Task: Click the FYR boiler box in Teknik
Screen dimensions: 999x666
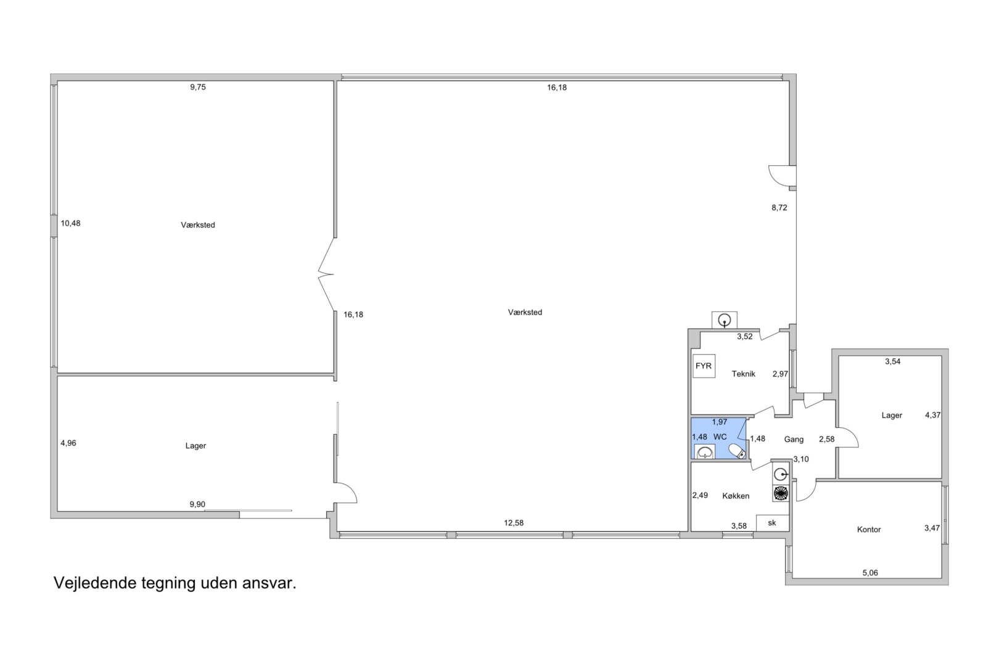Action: pyautogui.click(x=704, y=366)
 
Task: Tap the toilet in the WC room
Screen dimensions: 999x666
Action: pyautogui.click(x=737, y=451)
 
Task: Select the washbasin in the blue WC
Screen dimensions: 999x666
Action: pyautogui.click(x=705, y=452)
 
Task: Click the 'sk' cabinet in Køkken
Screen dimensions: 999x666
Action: pyautogui.click(x=773, y=524)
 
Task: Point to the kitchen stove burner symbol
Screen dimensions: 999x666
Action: pyautogui.click(x=781, y=494)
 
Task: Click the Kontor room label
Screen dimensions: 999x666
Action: pyautogui.click(x=869, y=530)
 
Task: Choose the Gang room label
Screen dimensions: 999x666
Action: pyautogui.click(x=794, y=440)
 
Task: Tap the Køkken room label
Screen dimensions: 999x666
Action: pyautogui.click(x=736, y=496)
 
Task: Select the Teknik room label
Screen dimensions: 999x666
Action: pyautogui.click(x=744, y=374)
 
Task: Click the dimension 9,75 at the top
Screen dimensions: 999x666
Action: pyautogui.click(x=198, y=88)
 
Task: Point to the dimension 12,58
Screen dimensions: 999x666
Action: pyautogui.click(x=514, y=524)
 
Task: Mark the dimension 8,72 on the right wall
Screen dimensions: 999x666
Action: pyautogui.click(x=779, y=208)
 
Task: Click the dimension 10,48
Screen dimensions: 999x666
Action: pyautogui.click(x=70, y=223)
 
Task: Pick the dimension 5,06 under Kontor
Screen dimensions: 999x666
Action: pyautogui.click(x=870, y=573)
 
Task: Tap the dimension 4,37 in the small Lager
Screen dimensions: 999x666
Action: pyautogui.click(x=933, y=415)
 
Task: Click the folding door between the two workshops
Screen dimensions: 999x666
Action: pyautogui.click(x=327, y=274)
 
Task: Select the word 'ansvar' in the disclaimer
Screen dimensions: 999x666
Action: pyautogui.click(x=269, y=583)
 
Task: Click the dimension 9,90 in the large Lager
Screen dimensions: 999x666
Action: pyautogui.click(x=197, y=504)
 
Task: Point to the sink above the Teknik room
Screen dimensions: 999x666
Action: pyautogui.click(x=724, y=320)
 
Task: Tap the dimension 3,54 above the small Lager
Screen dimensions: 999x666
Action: pyautogui.click(x=893, y=362)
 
